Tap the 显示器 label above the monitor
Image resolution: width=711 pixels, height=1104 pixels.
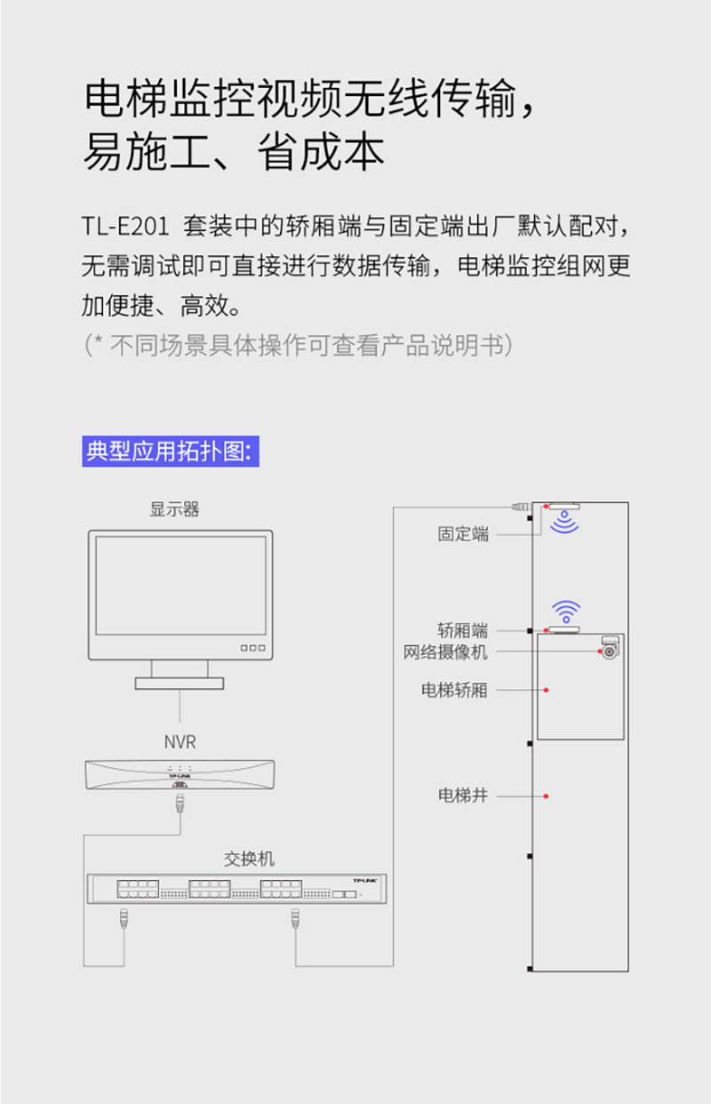tap(174, 509)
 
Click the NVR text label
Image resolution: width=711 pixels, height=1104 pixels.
tap(180, 741)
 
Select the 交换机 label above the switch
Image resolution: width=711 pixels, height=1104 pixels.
tap(249, 859)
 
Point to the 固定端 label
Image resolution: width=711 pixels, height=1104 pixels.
tap(463, 533)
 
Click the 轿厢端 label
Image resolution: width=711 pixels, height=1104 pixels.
tap(462, 630)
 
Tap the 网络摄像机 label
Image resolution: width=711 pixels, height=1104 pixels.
tap(445, 652)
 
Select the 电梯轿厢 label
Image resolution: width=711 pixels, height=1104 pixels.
tap(454, 690)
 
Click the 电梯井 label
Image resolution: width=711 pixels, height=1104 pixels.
tap(463, 796)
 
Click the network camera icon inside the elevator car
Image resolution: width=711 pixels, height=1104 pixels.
tap(610, 647)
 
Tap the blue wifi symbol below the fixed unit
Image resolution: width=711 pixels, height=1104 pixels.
tap(564, 522)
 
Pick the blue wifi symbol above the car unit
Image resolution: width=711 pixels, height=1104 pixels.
tap(566, 612)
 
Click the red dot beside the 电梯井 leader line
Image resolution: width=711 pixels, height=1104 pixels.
tap(546, 796)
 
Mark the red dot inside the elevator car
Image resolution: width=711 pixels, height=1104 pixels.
tap(546, 690)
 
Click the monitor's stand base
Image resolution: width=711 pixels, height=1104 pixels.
tap(180, 683)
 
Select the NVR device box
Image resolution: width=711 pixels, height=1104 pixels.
tap(180, 775)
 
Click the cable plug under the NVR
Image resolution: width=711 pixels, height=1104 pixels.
tap(180, 804)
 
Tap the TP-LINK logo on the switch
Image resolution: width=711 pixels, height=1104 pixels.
tap(365, 880)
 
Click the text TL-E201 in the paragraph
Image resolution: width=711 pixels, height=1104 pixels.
tap(125, 227)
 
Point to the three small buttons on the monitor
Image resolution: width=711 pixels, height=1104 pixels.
tap(252, 648)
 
